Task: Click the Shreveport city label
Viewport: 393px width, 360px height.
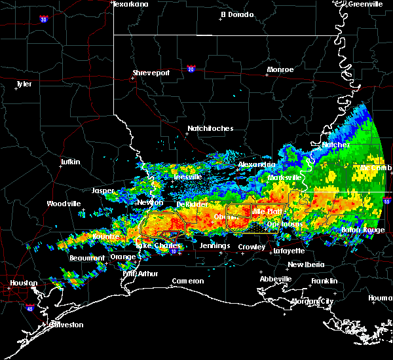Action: tap(151, 73)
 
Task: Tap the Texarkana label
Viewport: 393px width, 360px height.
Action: tap(130, 4)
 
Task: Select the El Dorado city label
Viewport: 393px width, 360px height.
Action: tap(236, 14)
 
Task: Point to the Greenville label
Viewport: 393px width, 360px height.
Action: tap(365, 4)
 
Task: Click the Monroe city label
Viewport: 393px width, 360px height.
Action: tap(280, 69)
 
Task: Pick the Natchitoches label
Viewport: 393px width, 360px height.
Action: tap(210, 128)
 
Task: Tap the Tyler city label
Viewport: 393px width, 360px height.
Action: tap(24, 84)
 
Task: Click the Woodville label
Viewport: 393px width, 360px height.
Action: tap(64, 204)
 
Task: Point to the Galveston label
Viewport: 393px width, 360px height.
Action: tap(48, 325)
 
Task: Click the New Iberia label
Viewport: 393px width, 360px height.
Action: tap(305, 264)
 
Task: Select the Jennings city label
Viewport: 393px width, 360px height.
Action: tap(215, 246)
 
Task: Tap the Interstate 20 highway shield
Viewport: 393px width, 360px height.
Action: tap(191, 68)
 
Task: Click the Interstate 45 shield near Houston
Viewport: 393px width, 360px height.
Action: tap(28, 306)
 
